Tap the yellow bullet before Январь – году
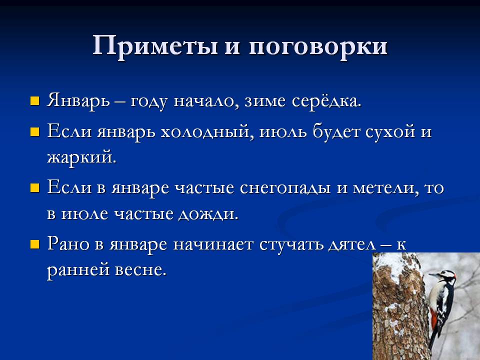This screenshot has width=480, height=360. pos(34,101)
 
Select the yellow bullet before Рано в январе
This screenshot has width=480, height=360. pos(34,244)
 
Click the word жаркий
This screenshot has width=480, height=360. pos(81,157)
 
